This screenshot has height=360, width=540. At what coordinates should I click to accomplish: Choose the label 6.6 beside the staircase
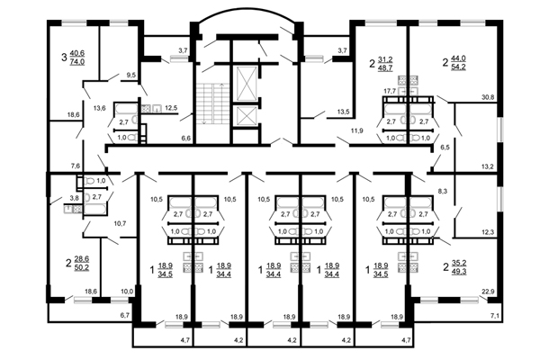(186, 139)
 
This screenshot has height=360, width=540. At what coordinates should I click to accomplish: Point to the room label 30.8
(513, 96)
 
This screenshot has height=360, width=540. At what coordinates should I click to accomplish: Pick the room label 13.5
(343, 112)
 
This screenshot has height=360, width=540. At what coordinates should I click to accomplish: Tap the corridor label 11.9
(357, 131)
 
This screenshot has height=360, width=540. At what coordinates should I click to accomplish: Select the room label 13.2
(513, 166)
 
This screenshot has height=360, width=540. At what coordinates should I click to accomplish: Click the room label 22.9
(513, 291)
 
